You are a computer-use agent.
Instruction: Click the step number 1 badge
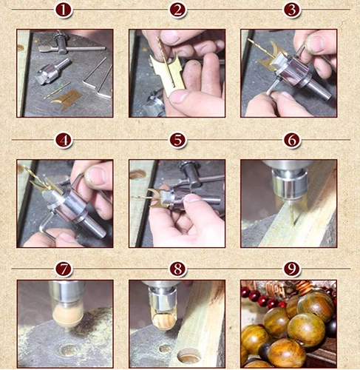64,10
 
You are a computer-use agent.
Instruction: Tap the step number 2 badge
177,10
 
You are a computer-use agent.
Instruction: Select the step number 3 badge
292,10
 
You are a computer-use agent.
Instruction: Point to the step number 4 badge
64,141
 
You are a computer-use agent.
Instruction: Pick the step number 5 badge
177,141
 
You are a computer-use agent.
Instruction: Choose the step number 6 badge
292,141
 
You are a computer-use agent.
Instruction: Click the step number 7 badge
64,269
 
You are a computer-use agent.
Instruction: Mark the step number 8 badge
177,269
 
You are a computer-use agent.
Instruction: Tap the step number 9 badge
292,269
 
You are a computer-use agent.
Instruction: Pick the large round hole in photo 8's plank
189,355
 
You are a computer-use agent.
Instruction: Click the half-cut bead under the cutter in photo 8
164,320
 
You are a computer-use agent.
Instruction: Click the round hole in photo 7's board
69,350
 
